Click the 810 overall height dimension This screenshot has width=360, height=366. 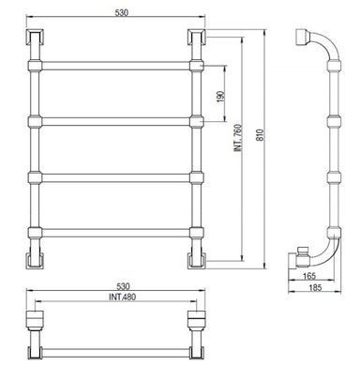coord(261,134)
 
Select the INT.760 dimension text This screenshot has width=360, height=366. coord(238,138)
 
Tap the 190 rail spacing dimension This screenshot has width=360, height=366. coord(220,97)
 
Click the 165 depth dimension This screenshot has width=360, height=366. coord(309,276)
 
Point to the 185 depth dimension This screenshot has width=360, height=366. coord(315,287)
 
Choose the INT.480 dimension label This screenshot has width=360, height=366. coord(122,297)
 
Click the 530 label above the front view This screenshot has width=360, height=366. coord(122,13)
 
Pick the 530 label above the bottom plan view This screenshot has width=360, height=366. coord(123,286)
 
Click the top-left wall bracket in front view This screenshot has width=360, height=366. coord(35,37)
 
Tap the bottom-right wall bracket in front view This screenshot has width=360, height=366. coord(197,260)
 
